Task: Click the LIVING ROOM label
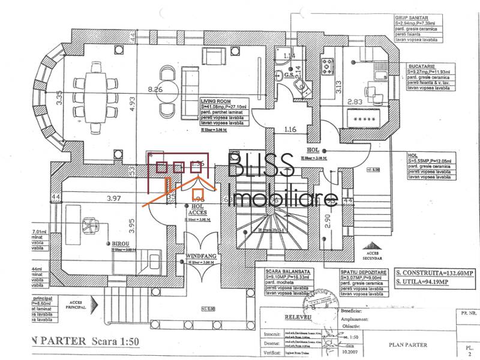click(215, 102)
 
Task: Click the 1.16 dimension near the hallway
click(291, 128)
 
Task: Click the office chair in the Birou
click(90, 226)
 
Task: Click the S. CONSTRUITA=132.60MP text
click(434, 272)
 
